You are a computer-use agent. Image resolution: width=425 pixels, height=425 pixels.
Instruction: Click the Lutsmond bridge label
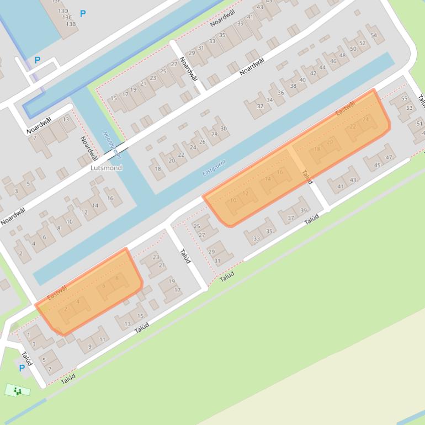tap(107, 167)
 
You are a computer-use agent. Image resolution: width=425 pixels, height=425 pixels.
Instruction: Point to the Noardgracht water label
tap(111, 145)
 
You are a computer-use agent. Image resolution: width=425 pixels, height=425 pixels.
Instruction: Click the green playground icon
tap(18, 391)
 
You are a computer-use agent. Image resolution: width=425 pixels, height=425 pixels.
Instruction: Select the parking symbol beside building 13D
tap(83, 14)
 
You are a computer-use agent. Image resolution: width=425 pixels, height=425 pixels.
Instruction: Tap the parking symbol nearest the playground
tap(22, 368)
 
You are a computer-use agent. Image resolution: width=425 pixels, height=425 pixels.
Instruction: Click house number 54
tap(374, 35)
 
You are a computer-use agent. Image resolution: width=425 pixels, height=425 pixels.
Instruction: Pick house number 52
tap(362, 43)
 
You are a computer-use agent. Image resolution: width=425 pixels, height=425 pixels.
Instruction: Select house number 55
tap(404, 99)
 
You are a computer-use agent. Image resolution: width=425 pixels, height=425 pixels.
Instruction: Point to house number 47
tap(389, 157)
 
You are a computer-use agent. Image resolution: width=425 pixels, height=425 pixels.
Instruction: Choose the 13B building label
tap(71, 24)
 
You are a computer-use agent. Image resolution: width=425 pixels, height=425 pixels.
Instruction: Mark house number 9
tap(90, 347)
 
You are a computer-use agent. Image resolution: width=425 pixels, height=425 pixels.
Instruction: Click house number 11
tap(102, 338)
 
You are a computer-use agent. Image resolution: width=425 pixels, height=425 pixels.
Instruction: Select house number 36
tap(281, 93)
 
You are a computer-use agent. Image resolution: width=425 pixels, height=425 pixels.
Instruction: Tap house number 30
tap(224, 129)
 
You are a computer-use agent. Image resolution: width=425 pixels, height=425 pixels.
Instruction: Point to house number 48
tap(343, 55)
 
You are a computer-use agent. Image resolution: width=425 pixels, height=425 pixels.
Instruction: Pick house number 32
tap(260, 106)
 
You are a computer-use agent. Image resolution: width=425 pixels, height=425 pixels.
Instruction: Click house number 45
tap(378, 165)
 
